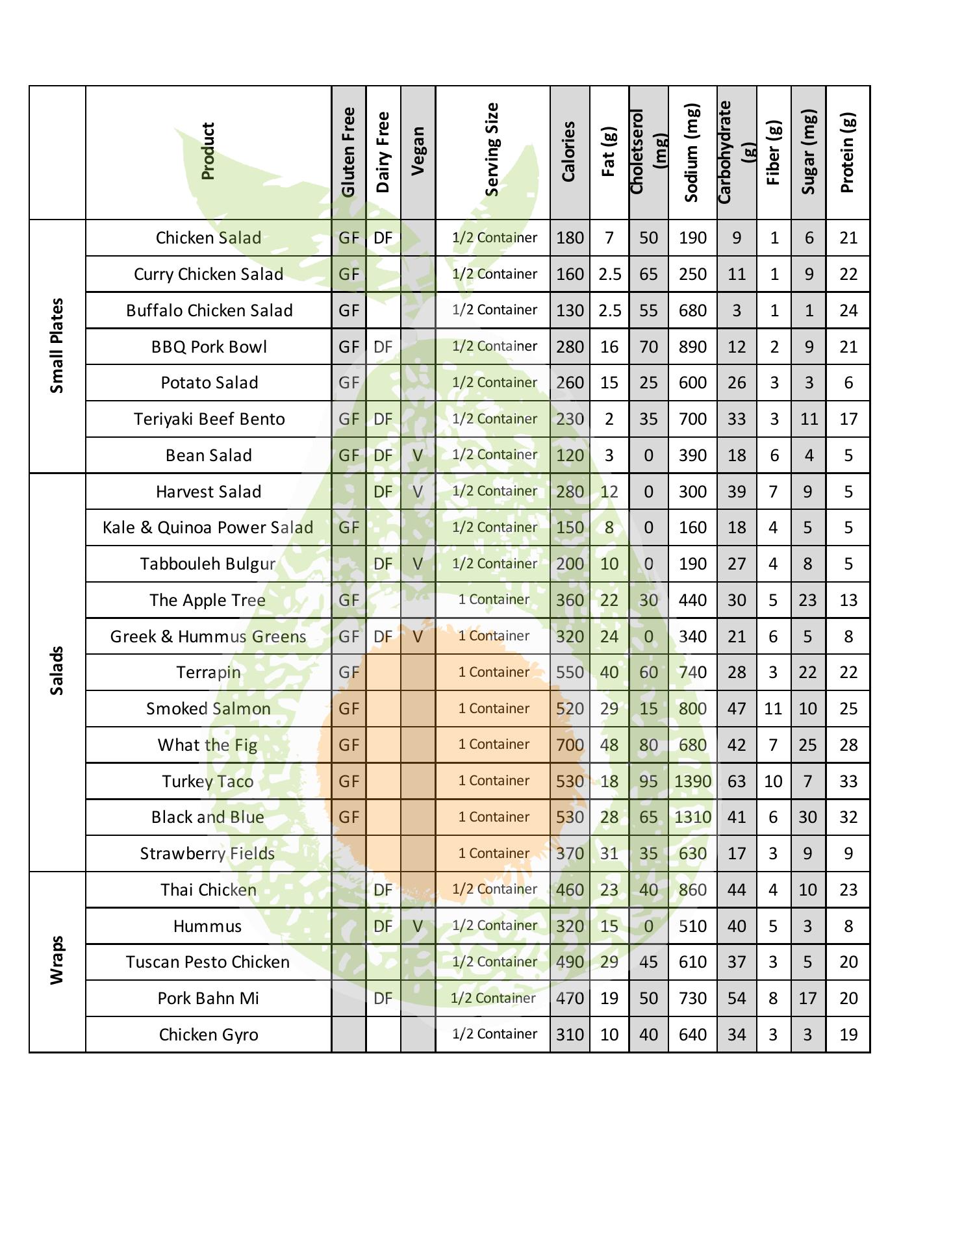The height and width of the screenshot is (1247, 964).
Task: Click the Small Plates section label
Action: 57,346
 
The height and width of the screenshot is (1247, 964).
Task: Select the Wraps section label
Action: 57,961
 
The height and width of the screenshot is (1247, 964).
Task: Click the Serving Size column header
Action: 492,149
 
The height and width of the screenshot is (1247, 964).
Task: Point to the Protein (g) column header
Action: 847,153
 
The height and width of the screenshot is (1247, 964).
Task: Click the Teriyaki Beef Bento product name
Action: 209,419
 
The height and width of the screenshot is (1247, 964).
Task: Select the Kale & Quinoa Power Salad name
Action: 208,527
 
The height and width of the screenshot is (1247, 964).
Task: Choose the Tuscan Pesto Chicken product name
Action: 208,962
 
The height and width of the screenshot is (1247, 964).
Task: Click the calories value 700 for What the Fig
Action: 570,745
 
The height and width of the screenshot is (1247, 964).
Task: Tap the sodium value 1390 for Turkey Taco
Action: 692,781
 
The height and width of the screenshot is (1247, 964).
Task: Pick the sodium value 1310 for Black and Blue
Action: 692,817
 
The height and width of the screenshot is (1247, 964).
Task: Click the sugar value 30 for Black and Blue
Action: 807,817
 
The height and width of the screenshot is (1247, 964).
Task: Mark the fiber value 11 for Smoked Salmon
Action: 773,709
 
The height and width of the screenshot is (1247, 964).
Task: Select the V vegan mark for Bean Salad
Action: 418,455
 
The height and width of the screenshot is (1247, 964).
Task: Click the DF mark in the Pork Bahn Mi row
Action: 383,998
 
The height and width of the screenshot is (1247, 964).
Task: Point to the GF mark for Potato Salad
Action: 349,383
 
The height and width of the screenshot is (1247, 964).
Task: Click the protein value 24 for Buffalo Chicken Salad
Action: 848,310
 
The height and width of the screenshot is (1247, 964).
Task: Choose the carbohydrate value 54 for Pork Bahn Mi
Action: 737,998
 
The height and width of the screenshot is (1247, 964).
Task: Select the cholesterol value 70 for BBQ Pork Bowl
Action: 648,347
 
